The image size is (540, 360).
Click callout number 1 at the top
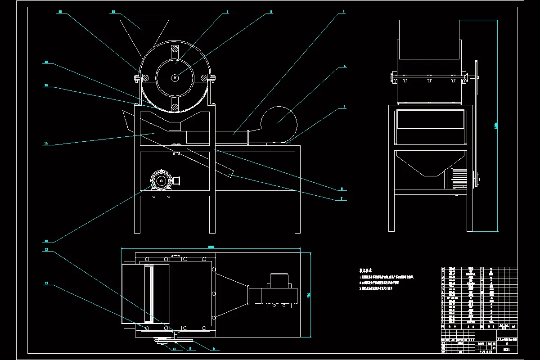(x=228, y=12)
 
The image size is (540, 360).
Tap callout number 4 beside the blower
(x=345, y=66)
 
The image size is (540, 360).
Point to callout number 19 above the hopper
(x=113, y=12)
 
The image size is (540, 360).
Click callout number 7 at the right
(x=342, y=198)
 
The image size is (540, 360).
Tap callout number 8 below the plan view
(x=213, y=347)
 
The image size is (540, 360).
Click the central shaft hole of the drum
(x=174, y=78)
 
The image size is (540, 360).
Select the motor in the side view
(x=455, y=178)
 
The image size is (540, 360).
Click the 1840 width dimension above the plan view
(x=211, y=247)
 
